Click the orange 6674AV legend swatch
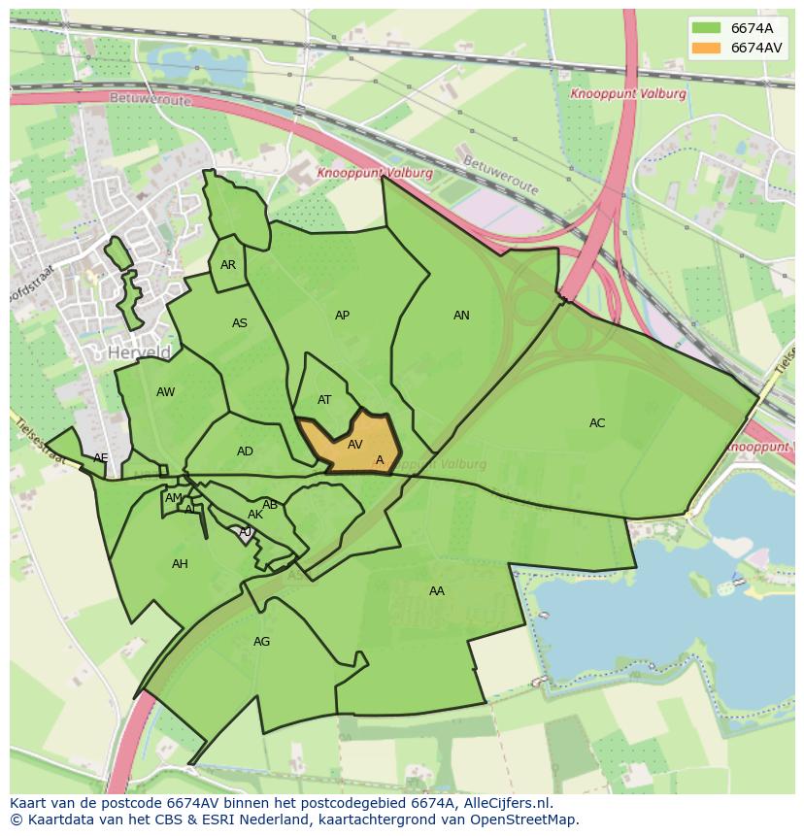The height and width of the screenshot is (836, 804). [x=706, y=48]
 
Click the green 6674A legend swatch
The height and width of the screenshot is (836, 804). [x=706, y=28]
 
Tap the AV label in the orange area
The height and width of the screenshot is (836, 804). [x=355, y=445]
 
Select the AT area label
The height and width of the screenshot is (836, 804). [x=324, y=400]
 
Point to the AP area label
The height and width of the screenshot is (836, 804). [x=342, y=316]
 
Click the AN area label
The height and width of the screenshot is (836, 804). [x=461, y=316]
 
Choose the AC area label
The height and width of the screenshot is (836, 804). [x=597, y=423]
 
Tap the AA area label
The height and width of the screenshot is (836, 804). [x=437, y=590]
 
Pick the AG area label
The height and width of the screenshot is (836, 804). [x=261, y=642]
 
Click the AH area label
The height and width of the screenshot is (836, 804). [x=180, y=564]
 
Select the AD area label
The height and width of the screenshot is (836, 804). [x=245, y=451]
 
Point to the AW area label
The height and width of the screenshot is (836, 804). [x=165, y=392]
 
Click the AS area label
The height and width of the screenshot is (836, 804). [x=240, y=323]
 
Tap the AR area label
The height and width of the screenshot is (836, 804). [x=228, y=265]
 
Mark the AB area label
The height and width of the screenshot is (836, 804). [x=270, y=505]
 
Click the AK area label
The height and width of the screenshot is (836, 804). [x=255, y=515]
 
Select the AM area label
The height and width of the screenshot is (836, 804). [x=174, y=498]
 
